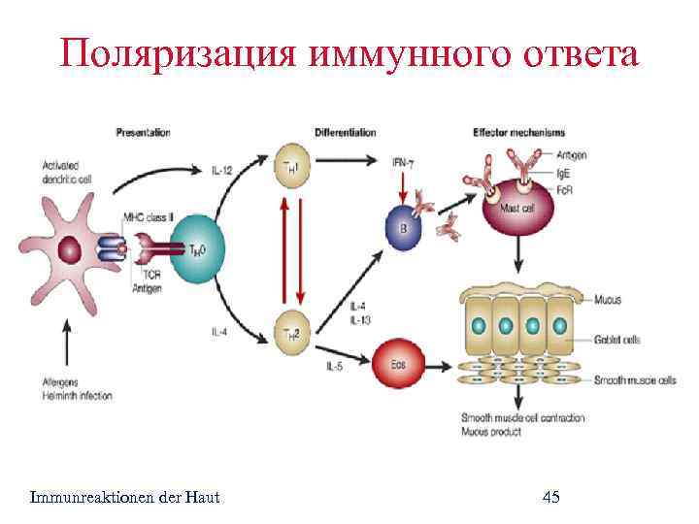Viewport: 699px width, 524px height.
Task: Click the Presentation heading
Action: [143, 132]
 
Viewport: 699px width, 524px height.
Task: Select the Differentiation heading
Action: [345, 132]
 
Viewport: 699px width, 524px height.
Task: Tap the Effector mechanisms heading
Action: [516, 132]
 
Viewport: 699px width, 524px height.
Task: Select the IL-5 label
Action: [334, 366]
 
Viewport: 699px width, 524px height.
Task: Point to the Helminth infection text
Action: [78, 396]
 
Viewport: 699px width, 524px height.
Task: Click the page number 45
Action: [550, 498]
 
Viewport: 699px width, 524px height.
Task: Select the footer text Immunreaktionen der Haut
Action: [125, 498]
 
